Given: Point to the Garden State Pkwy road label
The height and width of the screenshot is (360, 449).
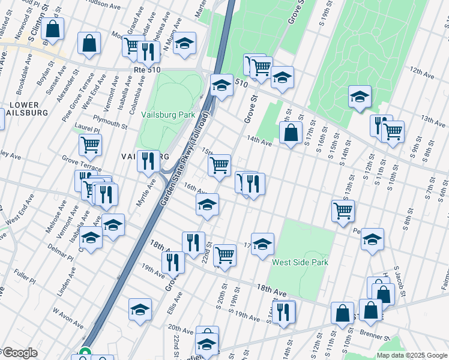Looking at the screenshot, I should click(x=184, y=160).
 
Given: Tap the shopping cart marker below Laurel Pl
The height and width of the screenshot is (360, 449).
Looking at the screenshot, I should click(x=90, y=143).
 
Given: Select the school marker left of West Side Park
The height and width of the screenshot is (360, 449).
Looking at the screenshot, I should click(x=262, y=244).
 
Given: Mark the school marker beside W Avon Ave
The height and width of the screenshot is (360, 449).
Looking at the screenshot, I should click(x=140, y=309).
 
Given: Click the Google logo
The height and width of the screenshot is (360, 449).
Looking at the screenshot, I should click(x=20, y=353).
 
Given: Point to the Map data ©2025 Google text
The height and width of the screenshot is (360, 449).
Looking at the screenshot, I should click(x=412, y=355).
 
